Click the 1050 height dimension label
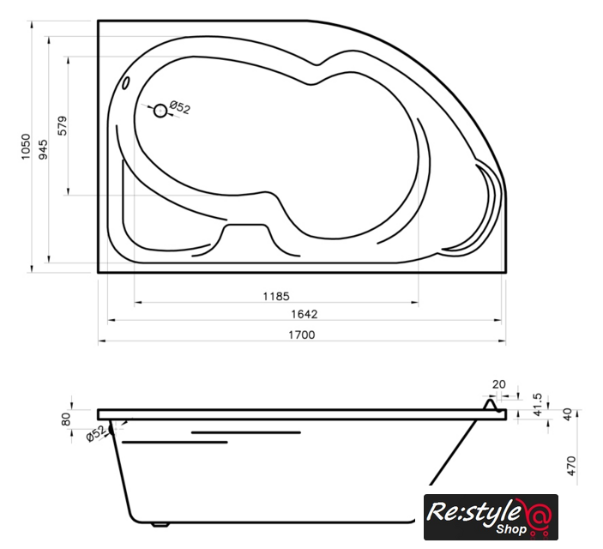click(x=26, y=147)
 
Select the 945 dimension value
click(x=44, y=149)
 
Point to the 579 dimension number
click(x=63, y=125)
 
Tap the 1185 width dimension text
click(x=276, y=296)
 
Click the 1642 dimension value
click(x=305, y=314)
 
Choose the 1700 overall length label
click(x=302, y=335)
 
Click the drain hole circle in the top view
click(x=160, y=111)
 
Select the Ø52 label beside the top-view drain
click(x=179, y=107)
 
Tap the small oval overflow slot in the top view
click(x=126, y=83)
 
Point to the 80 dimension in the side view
click(x=66, y=419)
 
